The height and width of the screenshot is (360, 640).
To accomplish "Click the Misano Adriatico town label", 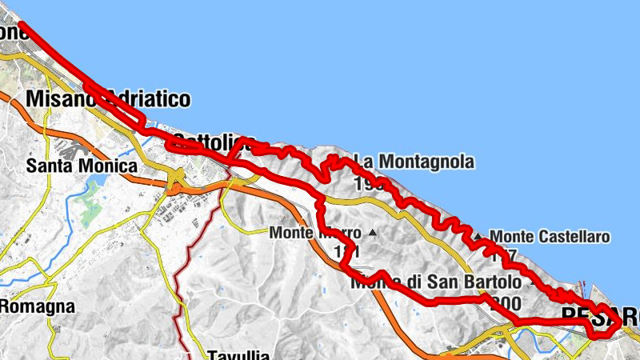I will click(x=108, y=98).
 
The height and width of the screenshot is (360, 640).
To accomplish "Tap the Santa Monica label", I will click(x=82, y=166).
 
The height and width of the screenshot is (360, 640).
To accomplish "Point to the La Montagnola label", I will click(x=414, y=162).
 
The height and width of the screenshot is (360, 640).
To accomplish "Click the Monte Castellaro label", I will click(x=550, y=237).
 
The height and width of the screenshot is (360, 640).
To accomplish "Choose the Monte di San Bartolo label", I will click(x=436, y=282).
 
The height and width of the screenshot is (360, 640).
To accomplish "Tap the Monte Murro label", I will click(x=315, y=233).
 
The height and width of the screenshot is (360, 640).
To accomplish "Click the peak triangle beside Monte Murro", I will click(x=372, y=233).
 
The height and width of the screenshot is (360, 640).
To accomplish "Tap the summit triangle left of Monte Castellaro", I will click(x=478, y=237).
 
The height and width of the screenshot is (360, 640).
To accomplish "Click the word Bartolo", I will click(x=494, y=282).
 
